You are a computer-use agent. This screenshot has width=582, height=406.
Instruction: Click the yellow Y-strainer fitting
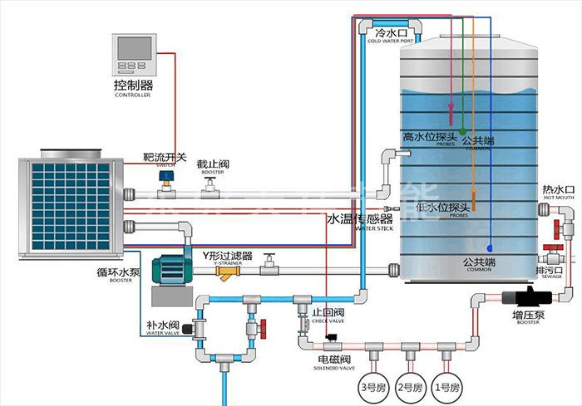tap(225, 271)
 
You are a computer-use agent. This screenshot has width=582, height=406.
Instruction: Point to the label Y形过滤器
tap(227, 255)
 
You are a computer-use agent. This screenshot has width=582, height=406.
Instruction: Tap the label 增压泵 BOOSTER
tap(528, 318)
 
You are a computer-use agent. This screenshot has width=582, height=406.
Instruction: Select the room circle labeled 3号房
tap(367, 387)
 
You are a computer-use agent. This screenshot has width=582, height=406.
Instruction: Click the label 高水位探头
tap(431, 137)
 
